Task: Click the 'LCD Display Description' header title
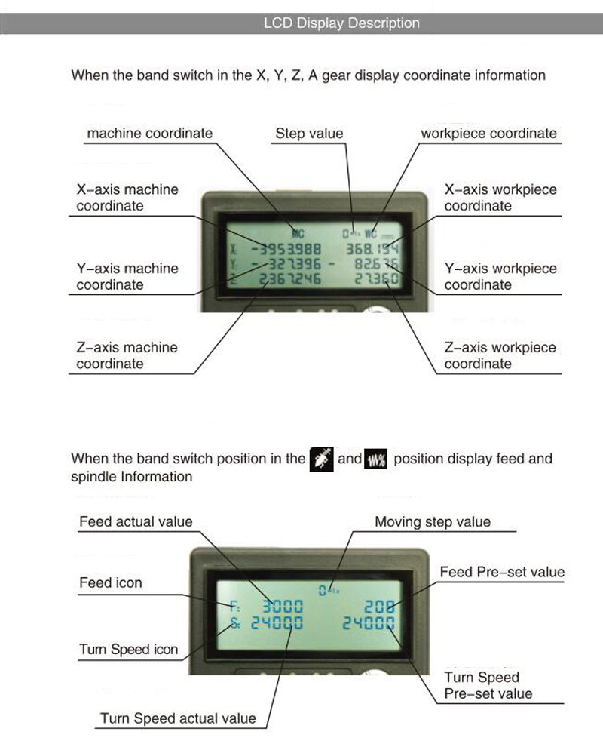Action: tap(341, 23)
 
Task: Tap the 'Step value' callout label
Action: tap(309, 134)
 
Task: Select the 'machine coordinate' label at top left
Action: tap(150, 134)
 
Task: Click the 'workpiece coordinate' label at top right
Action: tap(488, 134)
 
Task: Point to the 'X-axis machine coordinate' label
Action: tap(127, 198)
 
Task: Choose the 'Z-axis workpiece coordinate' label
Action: tap(500, 355)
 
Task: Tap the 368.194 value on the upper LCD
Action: tap(372, 249)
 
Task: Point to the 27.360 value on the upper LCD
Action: tap(376, 279)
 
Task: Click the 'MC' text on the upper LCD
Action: tap(298, 233)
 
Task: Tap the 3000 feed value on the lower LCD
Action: tap(282, 605)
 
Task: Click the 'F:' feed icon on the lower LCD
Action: tap(234, 605)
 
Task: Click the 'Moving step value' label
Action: tap(433, 522)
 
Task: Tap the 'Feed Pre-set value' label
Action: tap(502, 572)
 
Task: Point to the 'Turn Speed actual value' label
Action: tap(179, 718)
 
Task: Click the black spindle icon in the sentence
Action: tap(322, 459)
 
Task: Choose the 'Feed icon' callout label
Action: tap(111, 583)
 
